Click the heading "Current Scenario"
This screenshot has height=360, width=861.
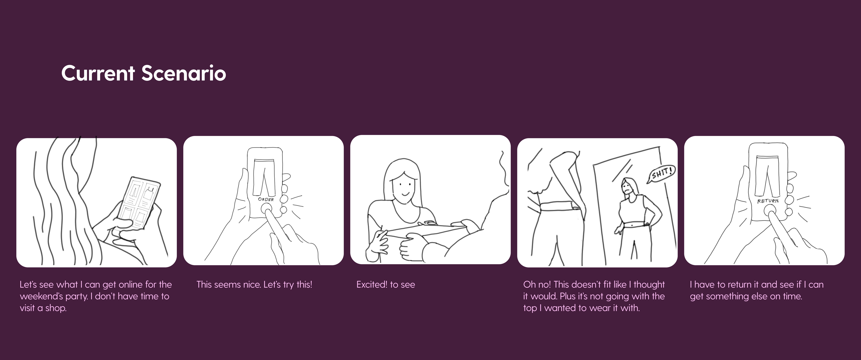(144, 73)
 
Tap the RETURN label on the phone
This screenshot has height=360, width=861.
(768, 201)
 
